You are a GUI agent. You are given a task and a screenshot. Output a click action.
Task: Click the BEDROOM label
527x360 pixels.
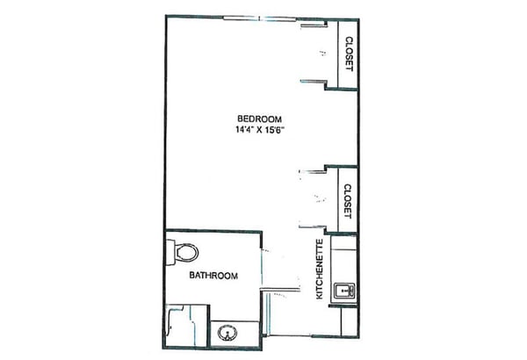click(x=259, y=119)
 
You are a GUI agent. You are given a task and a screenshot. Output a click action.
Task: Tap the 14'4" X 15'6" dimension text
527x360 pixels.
click(x=260, y=130)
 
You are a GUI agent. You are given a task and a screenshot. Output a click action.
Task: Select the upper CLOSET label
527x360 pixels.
click(x=350, y=54)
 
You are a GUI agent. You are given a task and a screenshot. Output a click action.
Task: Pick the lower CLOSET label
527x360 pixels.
click(x=348, y=201)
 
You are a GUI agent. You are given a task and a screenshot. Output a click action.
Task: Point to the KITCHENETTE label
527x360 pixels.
click(x=320, y=269)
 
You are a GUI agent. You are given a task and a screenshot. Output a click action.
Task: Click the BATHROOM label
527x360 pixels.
click(x=213, y=276)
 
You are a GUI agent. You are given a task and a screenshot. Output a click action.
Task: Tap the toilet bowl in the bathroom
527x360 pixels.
click(x=186, y=252)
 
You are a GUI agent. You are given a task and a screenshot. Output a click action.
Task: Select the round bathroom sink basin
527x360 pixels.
click(x=227, y=333)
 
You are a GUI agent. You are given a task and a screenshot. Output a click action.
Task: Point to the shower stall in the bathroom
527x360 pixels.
click(x=187, y=326)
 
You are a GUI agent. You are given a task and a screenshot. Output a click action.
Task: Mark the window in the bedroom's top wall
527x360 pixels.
click(x=261, y=18)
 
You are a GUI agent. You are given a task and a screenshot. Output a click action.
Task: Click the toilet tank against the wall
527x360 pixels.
click(x=170, y=252)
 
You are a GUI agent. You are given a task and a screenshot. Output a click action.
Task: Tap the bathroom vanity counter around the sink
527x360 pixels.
click(x=235, y=334)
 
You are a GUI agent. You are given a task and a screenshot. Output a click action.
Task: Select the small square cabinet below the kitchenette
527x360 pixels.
click(x=350, y=321)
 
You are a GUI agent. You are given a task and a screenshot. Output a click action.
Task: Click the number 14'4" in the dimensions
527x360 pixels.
click(x=244, y=130)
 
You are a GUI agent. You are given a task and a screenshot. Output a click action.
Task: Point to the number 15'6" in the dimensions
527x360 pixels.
click(x=275, y=130)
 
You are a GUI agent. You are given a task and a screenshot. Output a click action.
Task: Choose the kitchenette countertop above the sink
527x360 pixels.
click(x=344, y=259)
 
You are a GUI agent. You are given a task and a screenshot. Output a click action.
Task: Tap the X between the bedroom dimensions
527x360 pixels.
click(x=259, y=131)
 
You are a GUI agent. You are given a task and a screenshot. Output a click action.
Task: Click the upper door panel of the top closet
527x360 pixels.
click(x=314, y=25)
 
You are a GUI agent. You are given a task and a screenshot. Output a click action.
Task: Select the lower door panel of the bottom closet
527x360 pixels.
click(x=312, y=227)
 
